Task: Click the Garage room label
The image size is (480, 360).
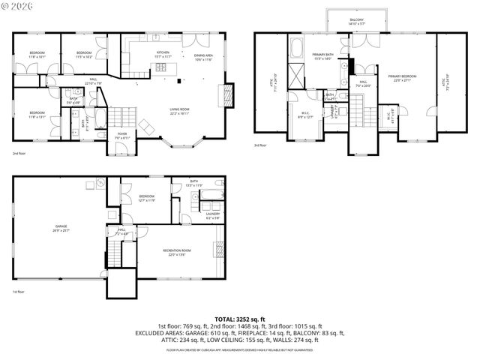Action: pos(61,226)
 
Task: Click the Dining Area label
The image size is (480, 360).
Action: pos(204,56)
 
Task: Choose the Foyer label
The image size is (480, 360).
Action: pos(122,136)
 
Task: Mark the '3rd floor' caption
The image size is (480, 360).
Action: pos(259,145)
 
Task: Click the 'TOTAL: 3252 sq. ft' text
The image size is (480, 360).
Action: pos(240,319)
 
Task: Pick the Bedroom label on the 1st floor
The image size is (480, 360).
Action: pos(145,198)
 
